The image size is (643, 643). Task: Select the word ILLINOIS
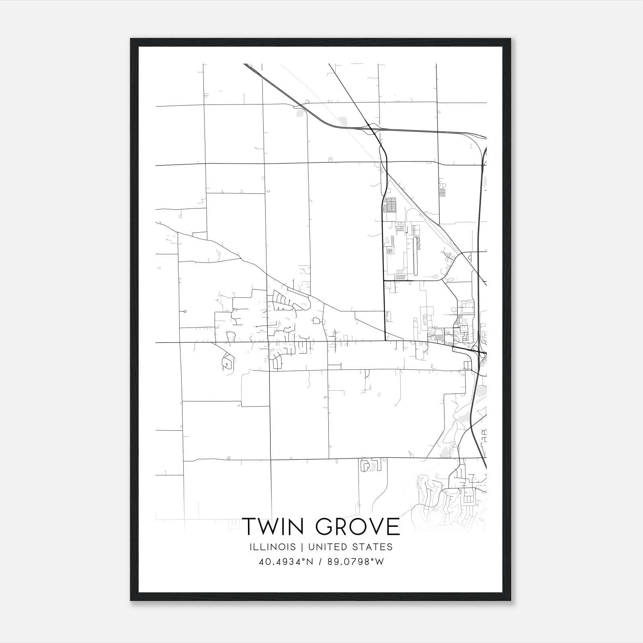pyautogui.click(x=272, y=547)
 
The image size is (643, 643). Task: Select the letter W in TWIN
pyautogui.click(x=272, y=527)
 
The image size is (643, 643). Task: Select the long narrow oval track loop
pyautogui.click(x=415, y=256)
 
